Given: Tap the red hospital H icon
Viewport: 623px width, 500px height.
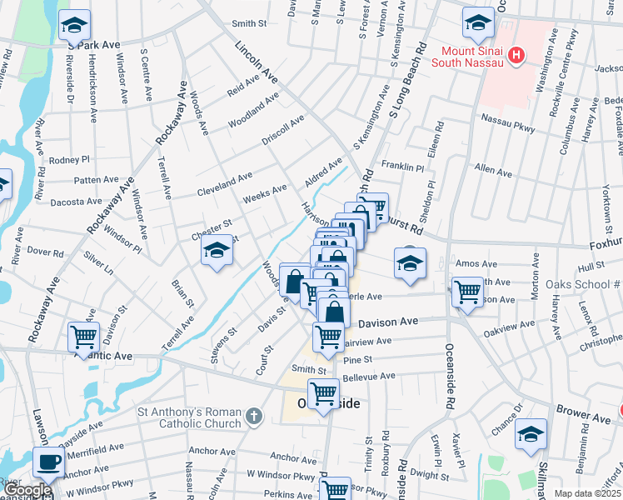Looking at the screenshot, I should pos(517,56).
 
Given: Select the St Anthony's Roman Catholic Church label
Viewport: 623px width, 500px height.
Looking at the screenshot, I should pos(190,415).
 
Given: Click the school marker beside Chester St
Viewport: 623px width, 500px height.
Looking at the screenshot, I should pos(217,251).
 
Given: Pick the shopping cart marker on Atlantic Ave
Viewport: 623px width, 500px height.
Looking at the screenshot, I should pos(83,337).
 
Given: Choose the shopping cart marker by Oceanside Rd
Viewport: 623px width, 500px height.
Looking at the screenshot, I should pos(467,292).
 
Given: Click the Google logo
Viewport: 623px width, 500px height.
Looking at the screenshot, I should pos(27,490).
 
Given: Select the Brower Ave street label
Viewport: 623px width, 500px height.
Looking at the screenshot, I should pos(586,414).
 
